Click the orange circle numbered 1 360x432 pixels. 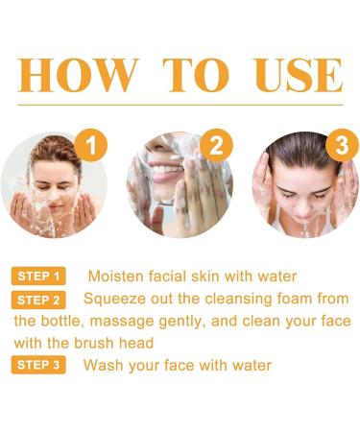coord(90,147)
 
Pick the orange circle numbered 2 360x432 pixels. coord(216,147)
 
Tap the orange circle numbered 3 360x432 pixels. coord(340,147)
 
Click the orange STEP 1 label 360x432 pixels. coord(38,276)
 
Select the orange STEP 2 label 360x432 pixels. coord(38,300)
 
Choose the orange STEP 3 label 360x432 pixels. coord(38,365)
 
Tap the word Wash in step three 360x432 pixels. coord(102,365)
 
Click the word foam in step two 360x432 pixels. coord(297,299)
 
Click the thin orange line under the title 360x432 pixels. coord(180,105)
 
